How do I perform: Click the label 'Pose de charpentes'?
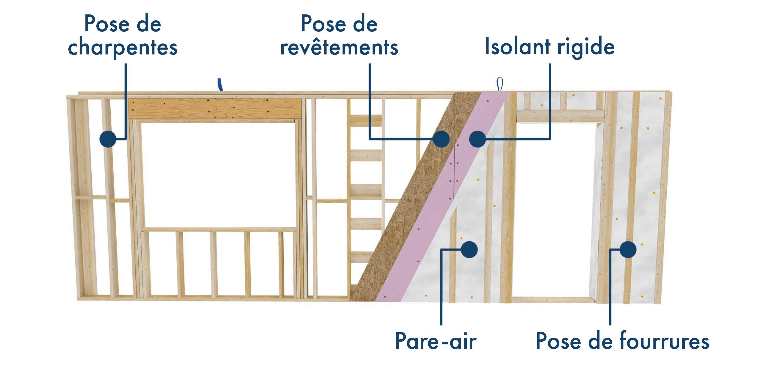(123, 36)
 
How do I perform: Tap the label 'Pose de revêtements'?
(339, 36)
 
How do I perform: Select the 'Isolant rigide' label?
(550, 47)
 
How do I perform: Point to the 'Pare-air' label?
(436, 341)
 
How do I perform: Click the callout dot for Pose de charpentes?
(108, 139)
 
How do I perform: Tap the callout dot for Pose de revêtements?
(441, 139)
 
